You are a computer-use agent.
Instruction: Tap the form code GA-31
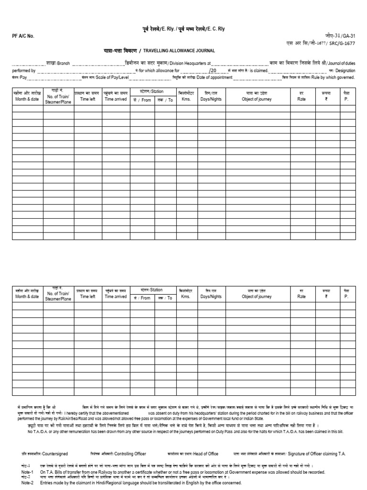point(349,36)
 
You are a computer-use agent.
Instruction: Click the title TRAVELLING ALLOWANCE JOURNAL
point(183,50)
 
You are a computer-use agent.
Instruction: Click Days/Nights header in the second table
point(211,297)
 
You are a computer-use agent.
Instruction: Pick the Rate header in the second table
point(301,297)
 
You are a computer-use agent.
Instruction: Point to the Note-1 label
point(27,472)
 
